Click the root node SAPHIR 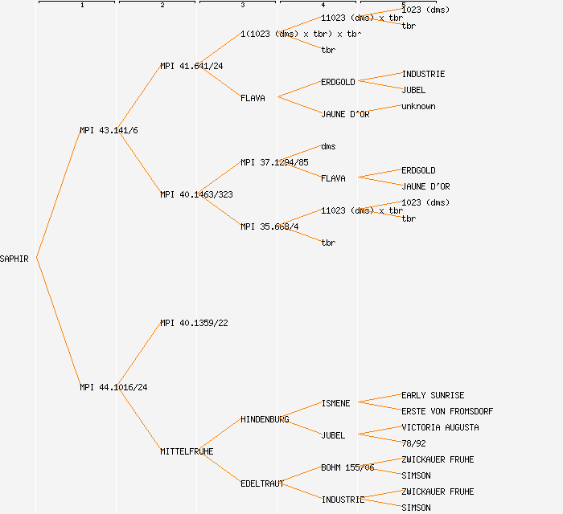(x=14, y=259)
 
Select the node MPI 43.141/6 (x=109, y=130)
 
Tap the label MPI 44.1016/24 (x=113, y=387)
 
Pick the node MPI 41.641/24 (x=191, y=66)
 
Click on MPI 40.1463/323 (x=196, y=194)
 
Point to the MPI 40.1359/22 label (x=194, y=323)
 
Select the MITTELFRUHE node (x=187, y=451)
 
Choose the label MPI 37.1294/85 (x=274, y=162)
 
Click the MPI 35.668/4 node (x=269, y=226)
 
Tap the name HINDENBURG (x=265, y=419)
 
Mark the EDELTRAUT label (x=262, y=483)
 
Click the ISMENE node (x=335, y=403)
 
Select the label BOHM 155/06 (x=347, y=467)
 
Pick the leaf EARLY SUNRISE (x=433, y=395)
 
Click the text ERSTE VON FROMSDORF (x=447, y=411)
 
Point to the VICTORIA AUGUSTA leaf (x=440, y=427)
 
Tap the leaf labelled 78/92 (x=413, y=443)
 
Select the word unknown (x=418, y=106)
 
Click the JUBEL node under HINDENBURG (x=333, y=435)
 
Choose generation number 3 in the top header (x=242, y=6)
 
